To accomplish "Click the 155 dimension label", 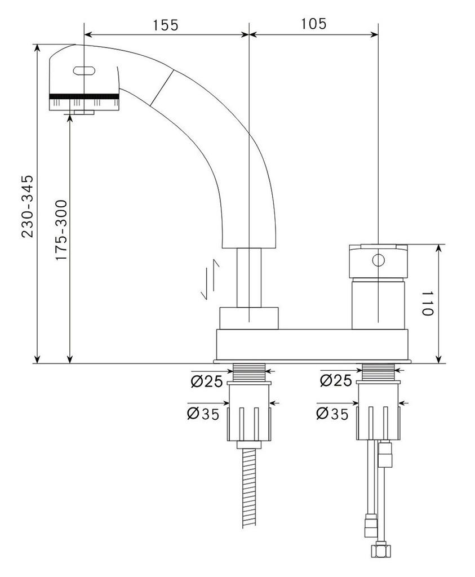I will pos(165,25).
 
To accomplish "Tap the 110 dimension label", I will pos(427,304).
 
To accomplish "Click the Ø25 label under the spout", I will pos(206,381).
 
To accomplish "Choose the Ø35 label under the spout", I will pos(203,414).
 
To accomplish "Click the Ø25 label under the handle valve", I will pos(335,380).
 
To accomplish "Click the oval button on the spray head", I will pos(85,71).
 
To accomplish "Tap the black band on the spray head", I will pos(85,96).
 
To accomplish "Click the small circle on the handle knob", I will pos(378,260).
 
